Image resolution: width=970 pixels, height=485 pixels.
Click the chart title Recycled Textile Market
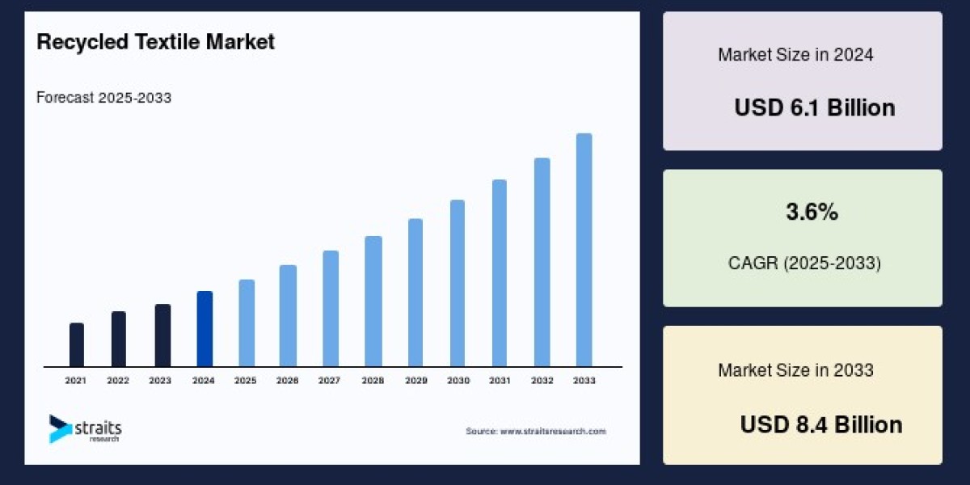[x=155, y=42]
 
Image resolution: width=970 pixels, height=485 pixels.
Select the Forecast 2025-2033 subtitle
[x=103, y=98]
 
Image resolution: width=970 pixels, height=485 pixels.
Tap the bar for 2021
[x=77, y=345]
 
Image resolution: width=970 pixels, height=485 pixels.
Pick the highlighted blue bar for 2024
[x=205, y=329]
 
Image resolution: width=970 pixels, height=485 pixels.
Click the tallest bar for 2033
[x=584, y=250]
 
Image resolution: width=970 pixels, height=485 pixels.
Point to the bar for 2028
[x=373, y=302]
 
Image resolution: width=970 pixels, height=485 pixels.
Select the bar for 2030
[x=458, y=283]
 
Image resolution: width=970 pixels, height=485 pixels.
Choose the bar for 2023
[x=162, y=335]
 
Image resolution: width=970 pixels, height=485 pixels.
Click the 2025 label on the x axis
[x=246, y=380]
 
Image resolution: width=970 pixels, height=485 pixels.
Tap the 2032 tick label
[x=542, y=380]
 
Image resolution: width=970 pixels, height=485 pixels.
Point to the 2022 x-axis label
[x=118, y=380]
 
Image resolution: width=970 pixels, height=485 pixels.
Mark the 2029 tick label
[x=415, y=380]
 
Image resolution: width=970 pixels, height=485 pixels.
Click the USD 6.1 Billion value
[x=814, y=108]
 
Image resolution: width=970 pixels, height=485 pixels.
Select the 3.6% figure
[x=812, y=213]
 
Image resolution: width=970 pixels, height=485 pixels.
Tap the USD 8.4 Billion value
[x=820, y=424]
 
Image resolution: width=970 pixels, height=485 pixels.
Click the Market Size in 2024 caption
[x=795, y=55]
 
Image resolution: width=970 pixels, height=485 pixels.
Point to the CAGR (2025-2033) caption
[x=803, y=263]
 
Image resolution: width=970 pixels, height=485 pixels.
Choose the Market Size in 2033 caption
[x=795, y=370]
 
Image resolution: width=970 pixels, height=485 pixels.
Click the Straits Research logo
[x=85, y=428]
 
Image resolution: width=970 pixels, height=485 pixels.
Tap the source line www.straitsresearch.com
[x=535, y=432]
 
